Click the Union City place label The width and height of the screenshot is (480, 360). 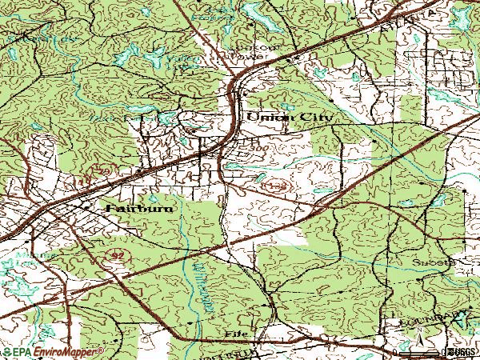pyautogui.click(x=289, y=117)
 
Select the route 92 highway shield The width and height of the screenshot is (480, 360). pyautogui.click(x=116, y=252)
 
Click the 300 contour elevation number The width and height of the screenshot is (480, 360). pyautogui.click(x=256, y=150)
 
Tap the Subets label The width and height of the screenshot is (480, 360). pyautogui.click(x=432, y=262)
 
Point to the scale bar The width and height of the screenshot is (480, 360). pyautogui.click(x=416, y=350)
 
